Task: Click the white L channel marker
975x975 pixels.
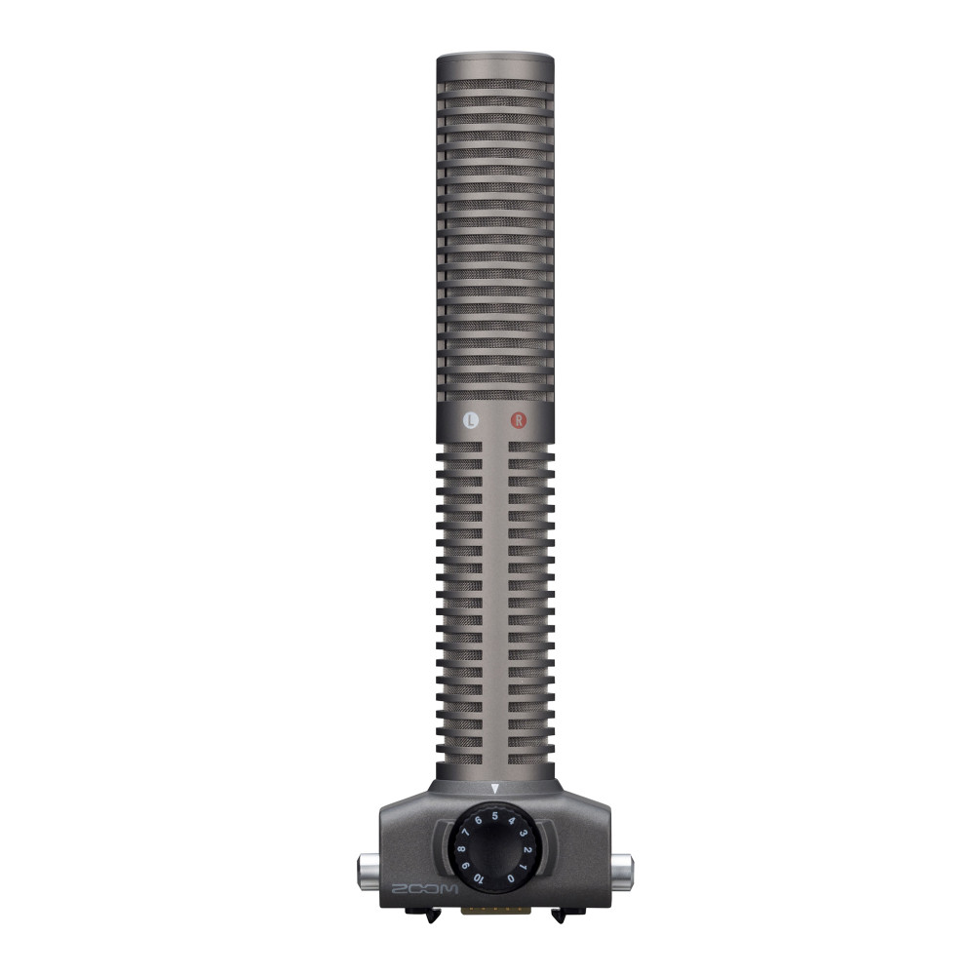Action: click(471, 420)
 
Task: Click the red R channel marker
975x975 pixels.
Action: click(519, 420)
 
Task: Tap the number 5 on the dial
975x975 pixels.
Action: click(495, 816)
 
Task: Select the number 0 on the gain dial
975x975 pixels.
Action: click(511, 878)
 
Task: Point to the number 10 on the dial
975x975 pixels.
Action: click(478, 878)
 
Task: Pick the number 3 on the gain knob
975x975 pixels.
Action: click(525, 832)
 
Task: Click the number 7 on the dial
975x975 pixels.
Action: click(465, 832)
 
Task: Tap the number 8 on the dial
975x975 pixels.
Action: click(460, 849)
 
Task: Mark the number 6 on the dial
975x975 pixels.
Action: click(478, 820)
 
